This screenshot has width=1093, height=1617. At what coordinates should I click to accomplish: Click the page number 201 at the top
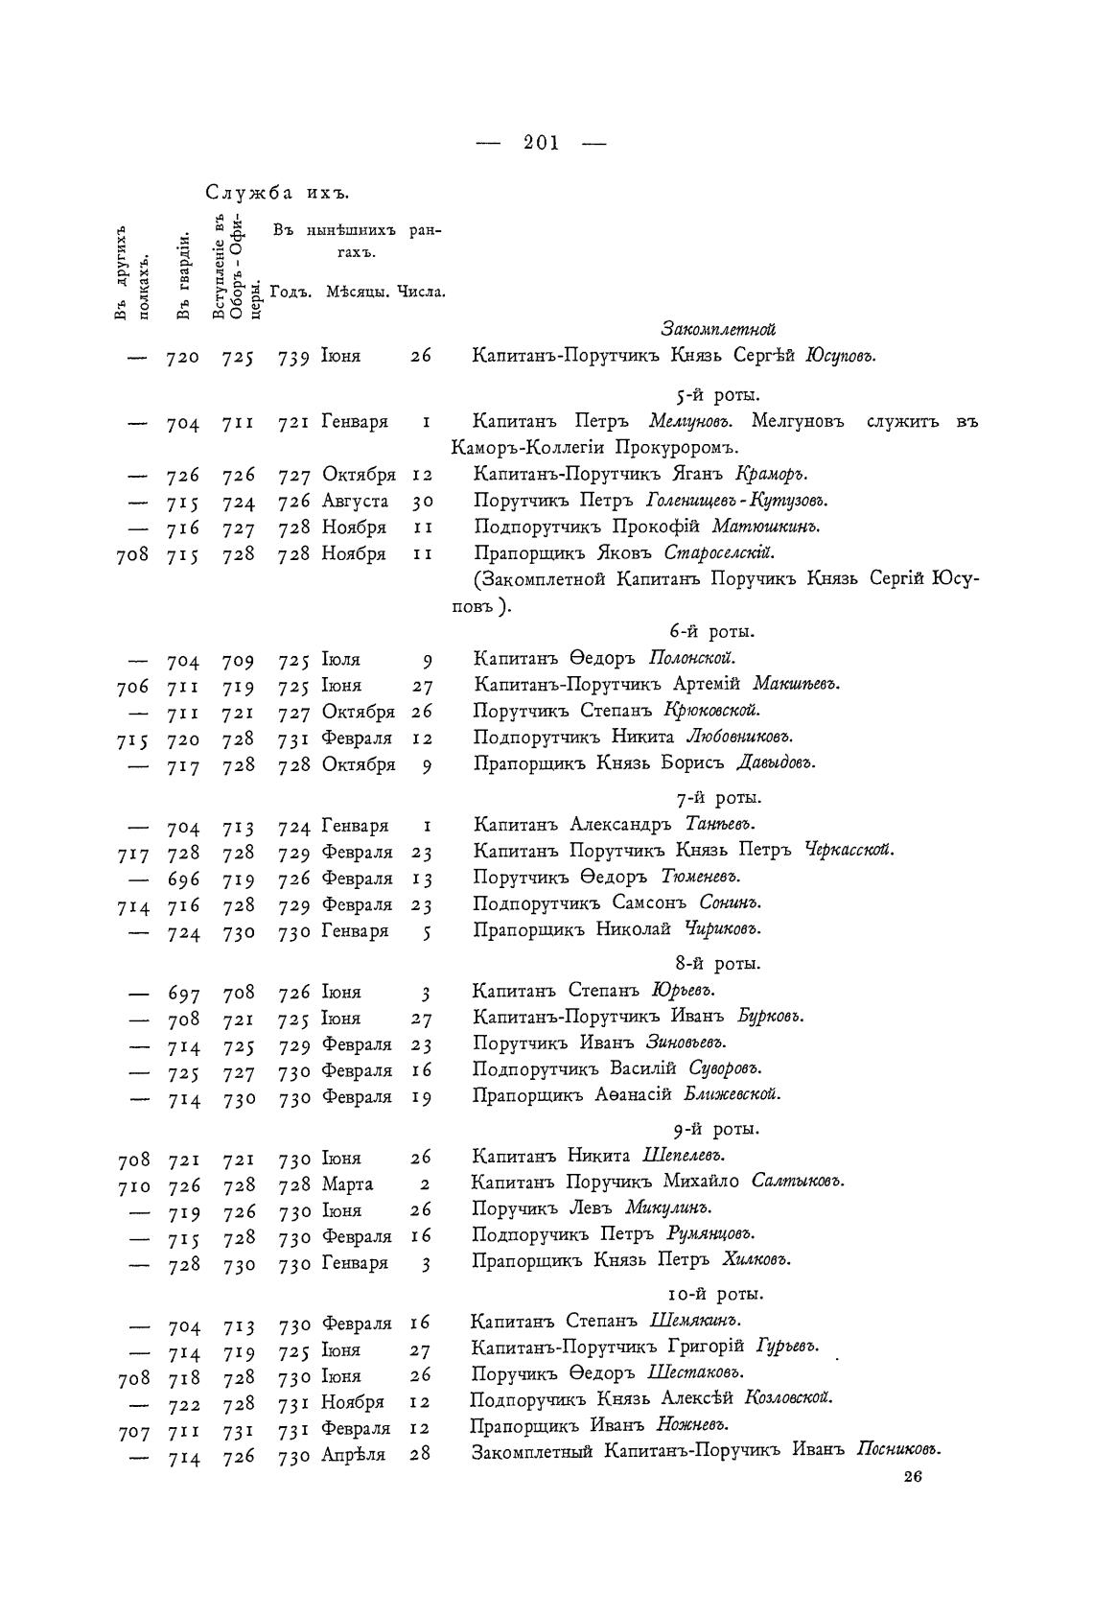click(542, 143)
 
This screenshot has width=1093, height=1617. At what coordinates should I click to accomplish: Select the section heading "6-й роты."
click(712, 631)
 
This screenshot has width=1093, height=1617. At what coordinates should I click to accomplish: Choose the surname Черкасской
click(848, 850)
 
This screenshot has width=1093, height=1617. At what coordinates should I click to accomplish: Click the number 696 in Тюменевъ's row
click(183, 879)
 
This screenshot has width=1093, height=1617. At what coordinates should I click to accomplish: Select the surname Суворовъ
click(729, 1068)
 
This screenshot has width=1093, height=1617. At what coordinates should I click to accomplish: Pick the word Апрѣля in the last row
click(353, 1455)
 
